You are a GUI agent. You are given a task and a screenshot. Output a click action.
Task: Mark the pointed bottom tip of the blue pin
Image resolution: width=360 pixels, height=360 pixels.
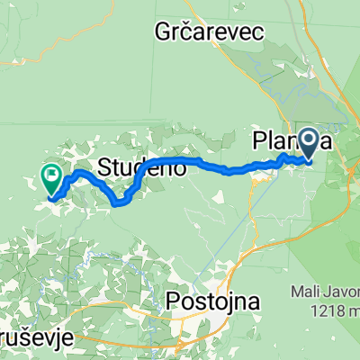click(309, 162)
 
